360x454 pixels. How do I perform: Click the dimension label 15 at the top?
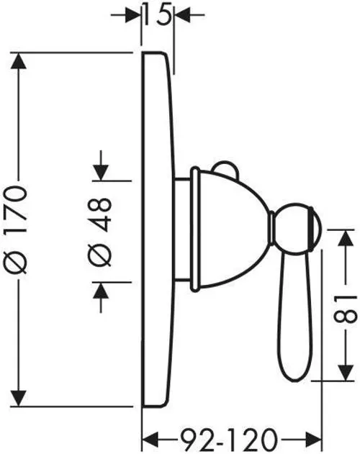coord(157,14)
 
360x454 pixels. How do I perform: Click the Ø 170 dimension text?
coord(17,230)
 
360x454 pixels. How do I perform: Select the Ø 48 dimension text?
coord(99,232)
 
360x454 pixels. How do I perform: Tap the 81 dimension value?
coord(345,309)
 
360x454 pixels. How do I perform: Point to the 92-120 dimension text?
coord(228,438)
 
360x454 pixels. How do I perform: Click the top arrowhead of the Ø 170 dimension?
coord(19,61)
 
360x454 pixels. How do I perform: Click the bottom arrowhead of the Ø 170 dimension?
coord(19,398)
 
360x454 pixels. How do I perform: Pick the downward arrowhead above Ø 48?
coord(101,173)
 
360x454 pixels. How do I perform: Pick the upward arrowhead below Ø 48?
coord(101,290)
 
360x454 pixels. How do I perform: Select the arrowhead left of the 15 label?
coord(133,14)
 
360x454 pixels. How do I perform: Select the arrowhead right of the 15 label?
coord(183,14)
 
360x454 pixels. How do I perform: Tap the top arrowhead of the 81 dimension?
coord(346,238)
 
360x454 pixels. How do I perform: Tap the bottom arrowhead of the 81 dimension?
coord(346,373)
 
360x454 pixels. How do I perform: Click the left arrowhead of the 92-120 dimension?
coord(150,439)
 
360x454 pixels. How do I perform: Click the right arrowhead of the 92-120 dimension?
coord(314,439)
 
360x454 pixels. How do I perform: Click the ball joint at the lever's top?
coord(297,229)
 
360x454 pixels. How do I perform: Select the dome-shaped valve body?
coord(229,229)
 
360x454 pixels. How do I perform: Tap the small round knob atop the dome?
coord(225,168)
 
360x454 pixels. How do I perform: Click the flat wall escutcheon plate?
coord(158,230)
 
